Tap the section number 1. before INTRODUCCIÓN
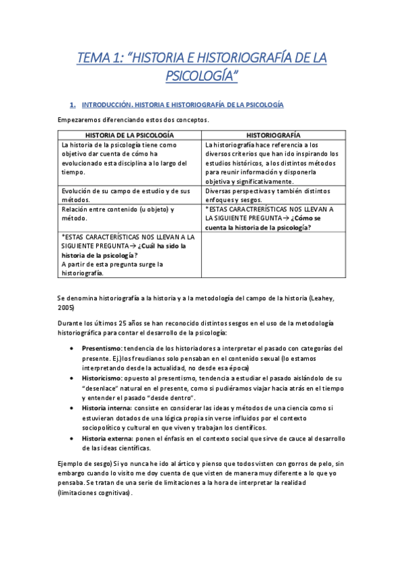73,106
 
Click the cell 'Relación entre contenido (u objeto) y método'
118,213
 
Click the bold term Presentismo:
102,349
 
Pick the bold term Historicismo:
102,378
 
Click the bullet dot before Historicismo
73,378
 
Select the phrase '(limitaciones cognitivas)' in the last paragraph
95,492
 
